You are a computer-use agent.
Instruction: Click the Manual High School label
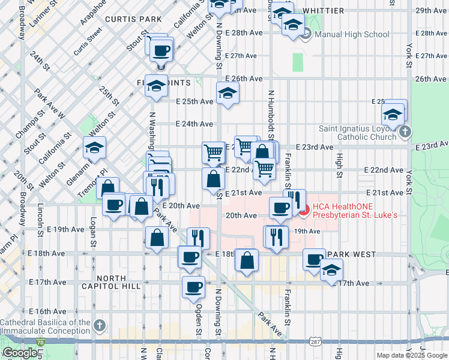[x=352, y=35]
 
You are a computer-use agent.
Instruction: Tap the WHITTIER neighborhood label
[x=324, y=11]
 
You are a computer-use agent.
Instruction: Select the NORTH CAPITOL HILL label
[x=111, y=282]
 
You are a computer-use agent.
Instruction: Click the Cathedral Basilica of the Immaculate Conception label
[x=45, y=326]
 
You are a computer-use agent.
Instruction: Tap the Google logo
[x=20, y=353]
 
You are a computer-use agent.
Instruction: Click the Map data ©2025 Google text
[x=412, y=355]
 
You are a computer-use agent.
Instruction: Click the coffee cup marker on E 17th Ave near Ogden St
[x=193, y=287]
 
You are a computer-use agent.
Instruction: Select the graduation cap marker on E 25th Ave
[x=228, y=93]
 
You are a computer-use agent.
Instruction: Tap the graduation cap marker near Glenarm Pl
[x=94, y=147]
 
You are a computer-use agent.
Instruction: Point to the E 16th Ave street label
[x=47, y=312]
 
